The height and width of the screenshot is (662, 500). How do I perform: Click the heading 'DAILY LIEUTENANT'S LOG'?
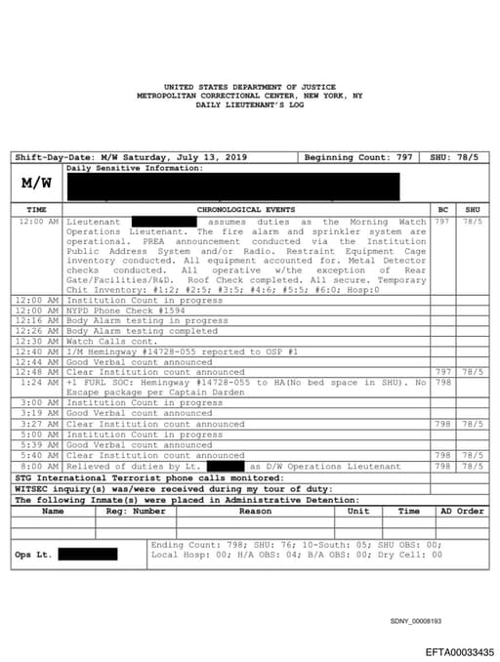coord(249,104)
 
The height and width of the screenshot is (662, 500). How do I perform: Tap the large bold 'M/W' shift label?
coord(36,184)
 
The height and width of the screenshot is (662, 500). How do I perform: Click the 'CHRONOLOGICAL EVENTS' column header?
coord(247,210)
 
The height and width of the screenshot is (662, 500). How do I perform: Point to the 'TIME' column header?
coord(36,210)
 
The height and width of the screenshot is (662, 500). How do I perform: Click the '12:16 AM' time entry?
coord(39,321)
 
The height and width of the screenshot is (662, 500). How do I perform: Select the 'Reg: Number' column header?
coord(136,511)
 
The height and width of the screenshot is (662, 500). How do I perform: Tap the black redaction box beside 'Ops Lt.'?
coord(87,555)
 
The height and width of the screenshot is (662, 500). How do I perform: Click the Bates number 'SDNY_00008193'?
coord(416,621)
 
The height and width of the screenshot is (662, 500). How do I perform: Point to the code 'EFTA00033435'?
coord(459,651)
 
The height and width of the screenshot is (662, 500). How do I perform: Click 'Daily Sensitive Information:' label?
coord(135,168)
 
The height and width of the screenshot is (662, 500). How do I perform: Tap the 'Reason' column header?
coord(256,511)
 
